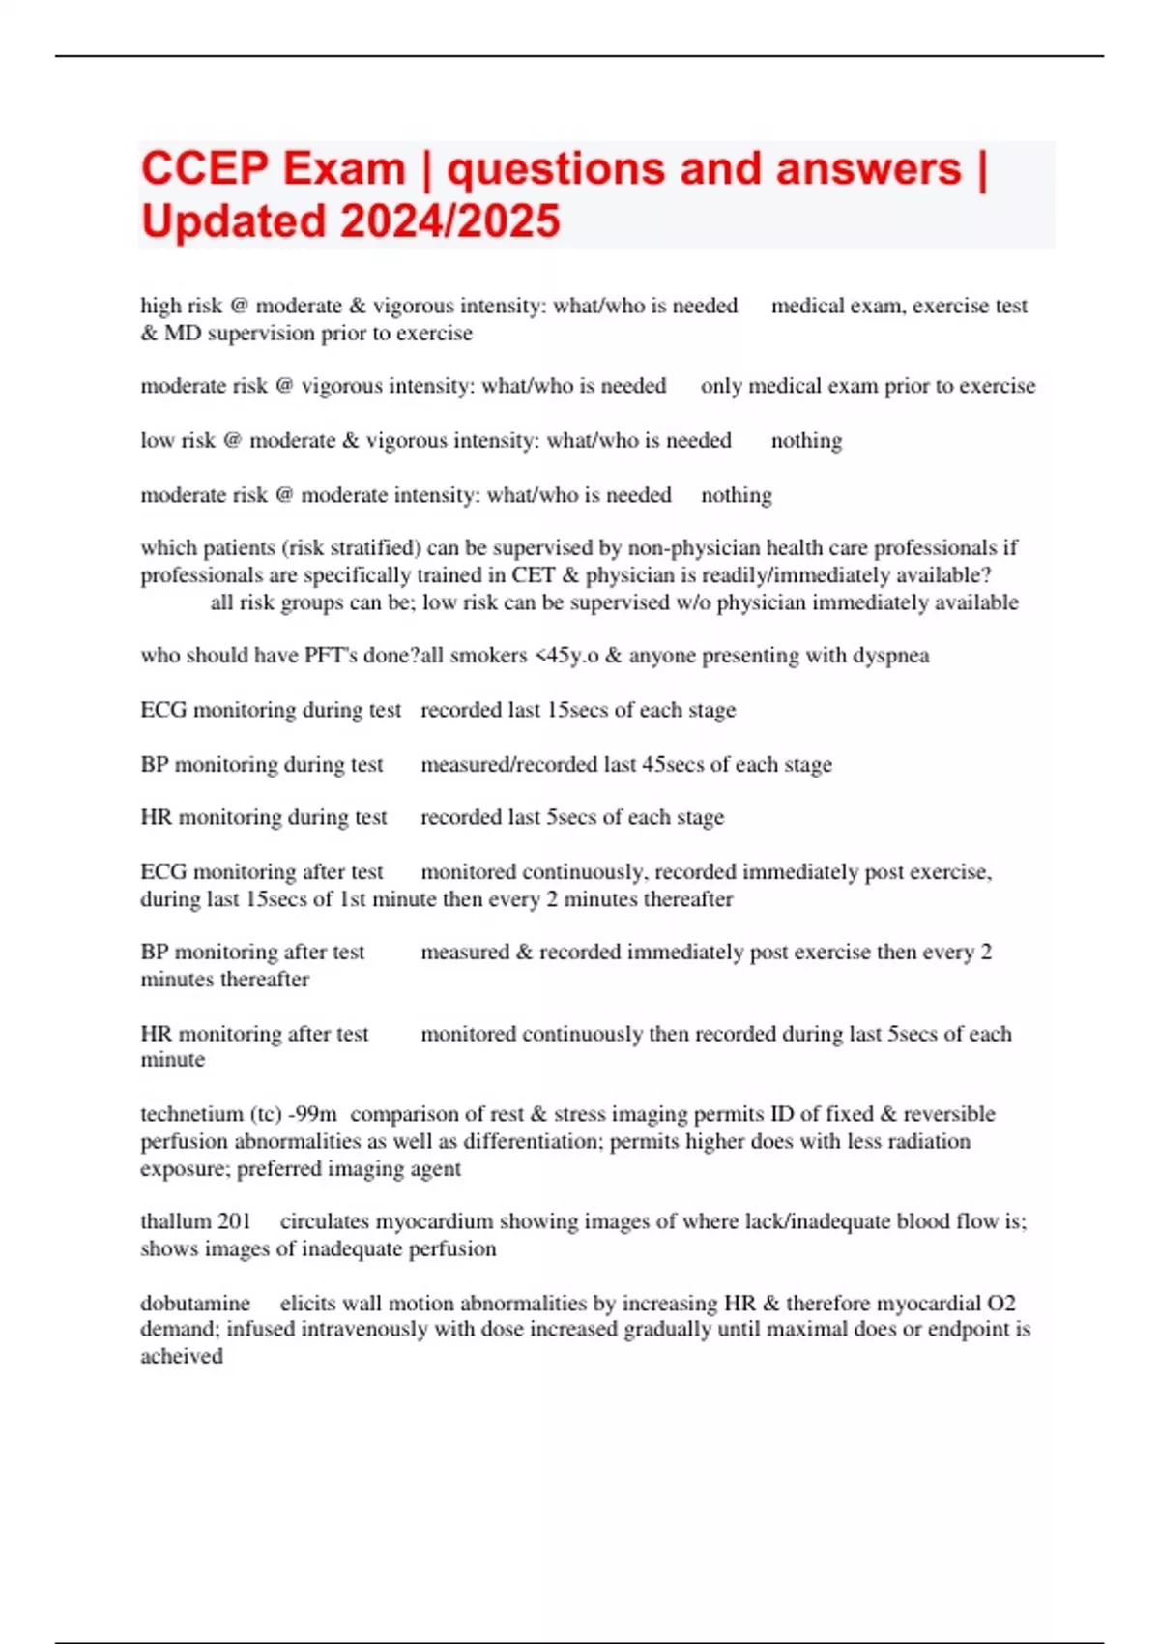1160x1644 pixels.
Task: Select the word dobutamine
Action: click(195, 1303)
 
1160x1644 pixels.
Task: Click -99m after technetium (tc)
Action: click(312, 1114)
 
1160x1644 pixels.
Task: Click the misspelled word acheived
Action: click(182, 1356)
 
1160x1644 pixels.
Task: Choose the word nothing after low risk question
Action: click(806, 441)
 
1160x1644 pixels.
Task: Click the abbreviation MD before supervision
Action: click(183, 334)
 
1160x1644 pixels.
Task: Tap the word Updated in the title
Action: click(233, 221)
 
